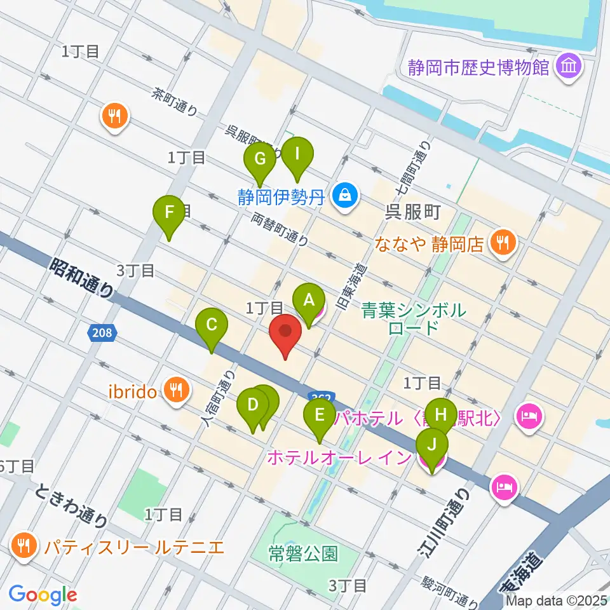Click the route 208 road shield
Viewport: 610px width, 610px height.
click(x=102, y=332)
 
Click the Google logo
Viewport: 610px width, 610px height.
click(x=43, y=595)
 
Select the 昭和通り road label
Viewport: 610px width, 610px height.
click(x=83, y=276)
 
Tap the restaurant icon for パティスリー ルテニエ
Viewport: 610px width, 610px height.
click(x=24, y=546)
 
